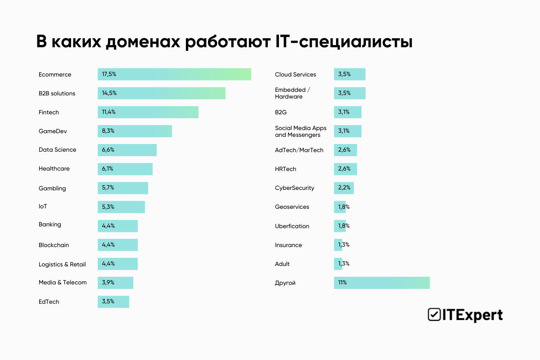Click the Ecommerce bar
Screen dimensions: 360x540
click(x=174, y=74)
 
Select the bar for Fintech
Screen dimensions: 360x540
click(x=148, y=112)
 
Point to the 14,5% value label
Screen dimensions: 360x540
click(x=109, y=93)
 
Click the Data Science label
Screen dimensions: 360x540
click(x=57, y=150)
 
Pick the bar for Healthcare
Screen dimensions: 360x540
click(x=125, y=169)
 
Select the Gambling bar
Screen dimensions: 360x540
click(x=123, y=188)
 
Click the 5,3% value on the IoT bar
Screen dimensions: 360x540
click(x=108, y=207)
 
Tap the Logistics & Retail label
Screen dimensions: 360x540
click(x=62, y=264)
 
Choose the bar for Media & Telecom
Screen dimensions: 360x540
click(x=115, y=283)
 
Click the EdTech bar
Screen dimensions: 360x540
click(x=113, y=301)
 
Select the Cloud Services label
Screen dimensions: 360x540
click(x=295, y=75)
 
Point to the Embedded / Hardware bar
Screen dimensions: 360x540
click(x=350, y=93)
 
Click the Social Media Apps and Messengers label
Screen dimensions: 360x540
click(x=301, y=131)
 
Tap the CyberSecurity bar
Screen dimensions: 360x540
click(x=344, y=188)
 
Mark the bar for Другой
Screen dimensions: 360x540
click(x=382, y=283)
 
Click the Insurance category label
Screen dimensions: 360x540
click(x=288, y=245)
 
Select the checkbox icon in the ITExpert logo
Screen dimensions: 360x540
click(x=434, y=315)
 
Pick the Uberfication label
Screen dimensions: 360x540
click(x=292, y=226)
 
